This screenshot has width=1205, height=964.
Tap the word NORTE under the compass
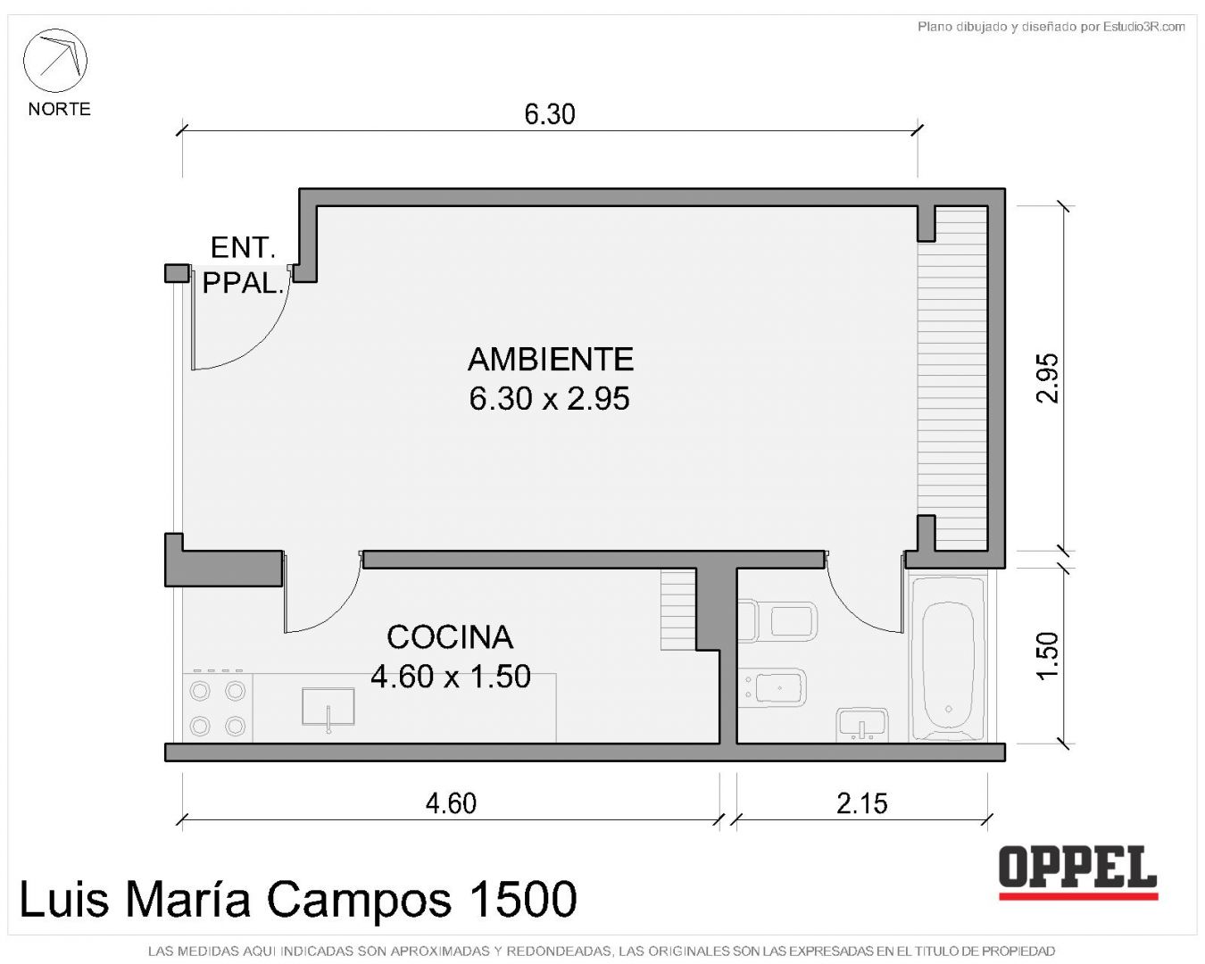pyautogui.click(x=59, y=109)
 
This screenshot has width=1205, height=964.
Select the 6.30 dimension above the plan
pyautogui.click(x=549, y=114)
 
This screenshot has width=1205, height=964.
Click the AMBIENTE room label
pyautogui.click(x=551, y=359)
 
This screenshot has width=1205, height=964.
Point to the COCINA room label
pyautogui.click(x=450, y=637)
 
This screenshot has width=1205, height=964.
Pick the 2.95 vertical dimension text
pyautogui.click(x=1047, y=378)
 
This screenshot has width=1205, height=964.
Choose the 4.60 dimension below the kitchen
pyautogui.click(x=451, y=804)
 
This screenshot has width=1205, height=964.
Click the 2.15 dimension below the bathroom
pyautogui.click(x=861, y=804)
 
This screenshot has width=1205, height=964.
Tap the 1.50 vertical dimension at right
pyautogui.click(x=1047, y=656)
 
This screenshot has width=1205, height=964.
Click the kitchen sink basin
pyautogui.click(x=328, y=707)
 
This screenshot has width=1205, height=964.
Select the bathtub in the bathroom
pyautogui.click(x=948, y=659)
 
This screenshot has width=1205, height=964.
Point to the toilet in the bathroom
pyautogui.click(x=777, y=620)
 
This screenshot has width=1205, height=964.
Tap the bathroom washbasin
pyautogui.click(x=861, y=724)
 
